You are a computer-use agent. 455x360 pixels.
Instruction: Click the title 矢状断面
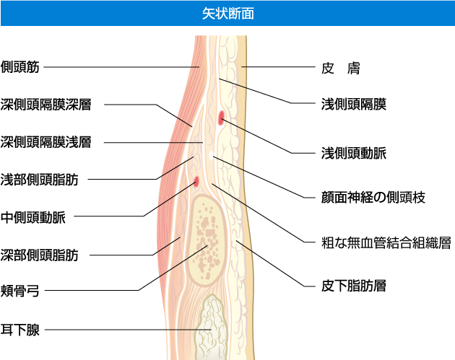(x=227, y=13)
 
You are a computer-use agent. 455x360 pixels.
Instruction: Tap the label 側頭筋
(x=21, y=67)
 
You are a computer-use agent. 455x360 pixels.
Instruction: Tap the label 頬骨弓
(x=21, y=292)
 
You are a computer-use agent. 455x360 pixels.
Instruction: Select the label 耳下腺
(x=21, y=330)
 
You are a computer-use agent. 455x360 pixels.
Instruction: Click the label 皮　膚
(x=340, y=69)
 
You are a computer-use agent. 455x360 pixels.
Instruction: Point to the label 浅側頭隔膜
(x=353, y=105)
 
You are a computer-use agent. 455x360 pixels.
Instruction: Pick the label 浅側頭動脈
(x=353, y=154)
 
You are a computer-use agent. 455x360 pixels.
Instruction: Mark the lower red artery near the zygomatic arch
(x=196, y=180)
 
